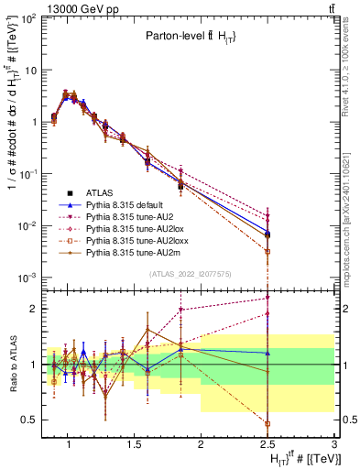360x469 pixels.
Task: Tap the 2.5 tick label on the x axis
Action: point(267,446)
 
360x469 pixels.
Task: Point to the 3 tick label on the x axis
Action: point(334,446)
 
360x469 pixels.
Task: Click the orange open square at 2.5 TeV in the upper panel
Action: point(267,251)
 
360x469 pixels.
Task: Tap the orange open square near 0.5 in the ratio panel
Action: point(267,424)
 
